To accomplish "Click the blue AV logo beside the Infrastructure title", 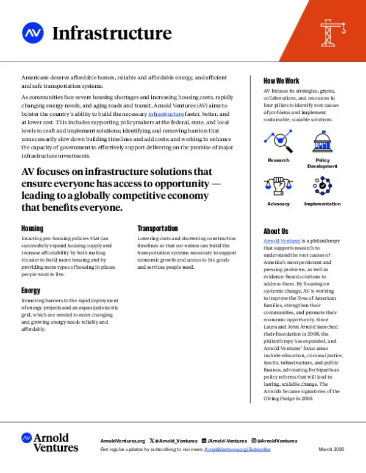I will pyautogui.click(x=32, y=32).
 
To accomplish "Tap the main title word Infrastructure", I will pyautogui.click(x=112, y=33).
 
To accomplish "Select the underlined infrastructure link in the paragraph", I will pyautogui.click(x=166, y=114).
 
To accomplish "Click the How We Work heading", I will pyautogui.click(x=281, y=80).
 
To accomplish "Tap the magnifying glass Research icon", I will pyautogui.click(x=278, y=142).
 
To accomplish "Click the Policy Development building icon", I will pyautogui.click(x=321, y=142).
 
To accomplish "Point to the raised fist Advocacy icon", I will pyautogui.click(x=278, y=185).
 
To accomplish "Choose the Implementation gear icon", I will pyautogui.click(x=321, y=185).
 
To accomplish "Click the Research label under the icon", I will pyautogui.click(x=278, y=160).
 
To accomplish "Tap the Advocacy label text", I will pyautogui.click(x=278, y=204).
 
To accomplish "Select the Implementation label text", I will pyautogui.click(x=322, y=204).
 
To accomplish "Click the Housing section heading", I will pyautogui.click(x=32, y=228).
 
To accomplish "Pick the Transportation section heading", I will pyautogui.click(x=157, y=228).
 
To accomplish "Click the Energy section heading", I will pyautogui.click(x=31, y=291).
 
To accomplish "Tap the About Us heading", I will pyautogui.click(x=276, y=231).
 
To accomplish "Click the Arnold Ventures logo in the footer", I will pyautogui.click(x=50, y=443).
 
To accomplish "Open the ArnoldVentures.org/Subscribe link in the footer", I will pyautogui.click(x=237, y=449).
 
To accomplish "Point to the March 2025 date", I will pyautogui.click(x=331, y=449).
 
